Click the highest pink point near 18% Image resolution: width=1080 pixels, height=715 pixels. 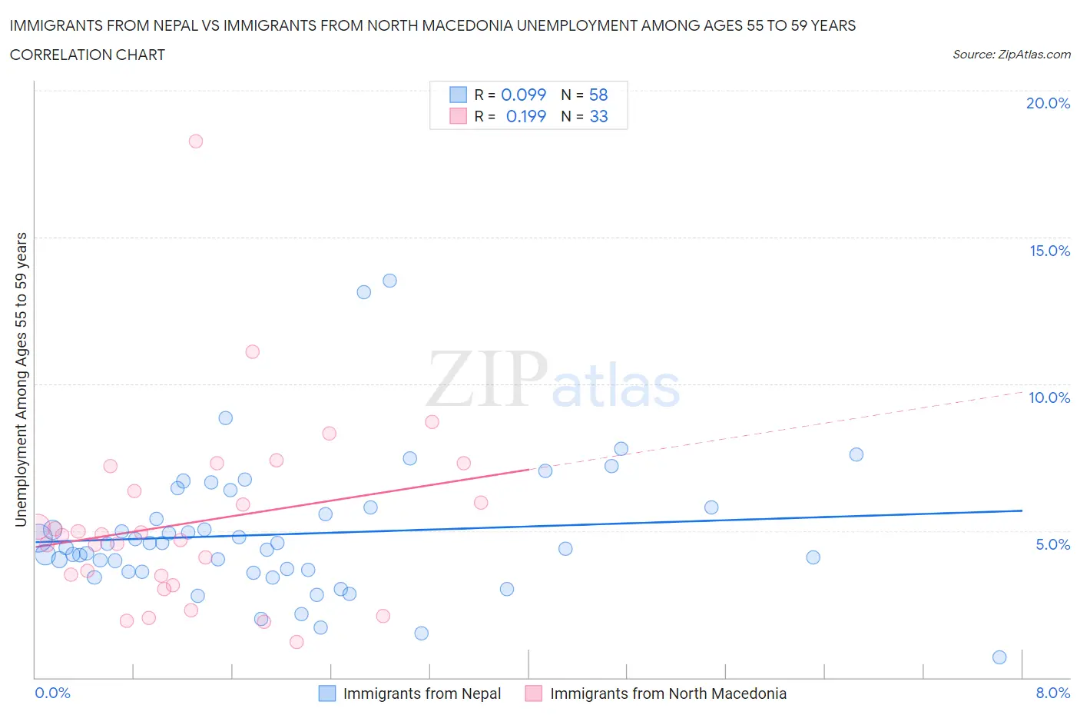point(196,141)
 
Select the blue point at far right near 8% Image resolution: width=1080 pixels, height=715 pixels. point(999,657)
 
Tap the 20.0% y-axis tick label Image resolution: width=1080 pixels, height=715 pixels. point(1048,103)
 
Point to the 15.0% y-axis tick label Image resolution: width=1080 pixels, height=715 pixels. point(1049,251)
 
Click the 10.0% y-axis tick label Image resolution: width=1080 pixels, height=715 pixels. point(1049,397)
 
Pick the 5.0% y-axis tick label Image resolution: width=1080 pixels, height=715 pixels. point(1052,544)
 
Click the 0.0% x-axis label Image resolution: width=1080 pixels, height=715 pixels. point(52,693)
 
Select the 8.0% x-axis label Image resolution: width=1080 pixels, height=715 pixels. point(1052,693)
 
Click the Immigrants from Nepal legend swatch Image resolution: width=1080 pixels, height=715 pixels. point(327,693)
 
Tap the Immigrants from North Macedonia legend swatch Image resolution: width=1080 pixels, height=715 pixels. point(534,693)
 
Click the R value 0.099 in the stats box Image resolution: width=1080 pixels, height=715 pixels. point(523,95)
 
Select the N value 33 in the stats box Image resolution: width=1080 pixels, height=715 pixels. point(598,116)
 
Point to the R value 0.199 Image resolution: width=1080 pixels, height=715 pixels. point(525,116)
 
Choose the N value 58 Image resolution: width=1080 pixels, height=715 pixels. point(598,95)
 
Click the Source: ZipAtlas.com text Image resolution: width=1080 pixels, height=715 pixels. point(1011,54)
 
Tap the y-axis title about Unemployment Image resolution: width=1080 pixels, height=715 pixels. point(22,380)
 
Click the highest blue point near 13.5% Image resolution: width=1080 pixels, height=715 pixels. point(389,281)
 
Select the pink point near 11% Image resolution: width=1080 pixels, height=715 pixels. point(252,352)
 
